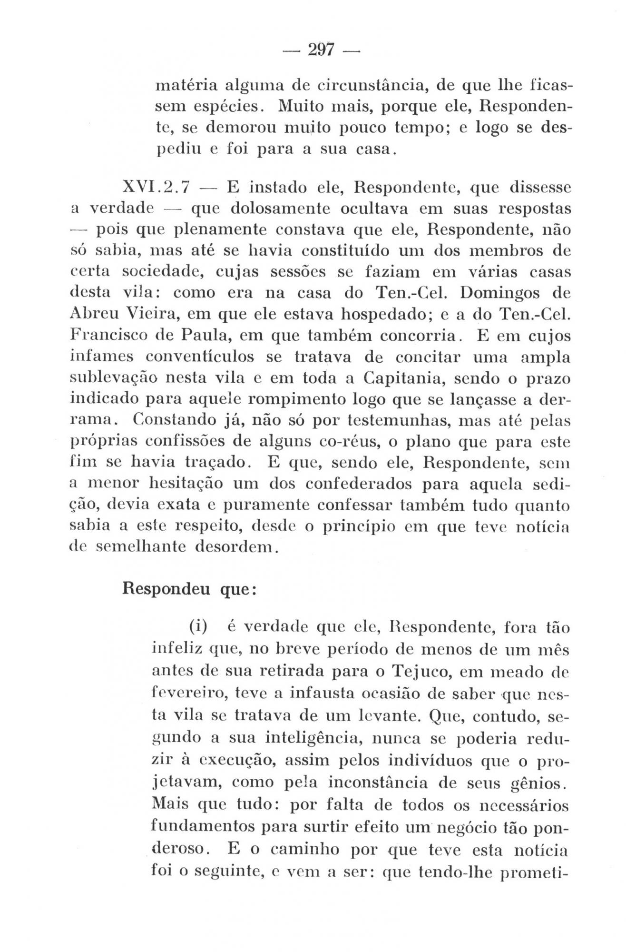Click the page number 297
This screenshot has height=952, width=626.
click(322, 50)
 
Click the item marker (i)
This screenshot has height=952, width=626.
click(198, 627)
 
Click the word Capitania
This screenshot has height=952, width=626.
click(405, 377)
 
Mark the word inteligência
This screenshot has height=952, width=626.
click(312, 737)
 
